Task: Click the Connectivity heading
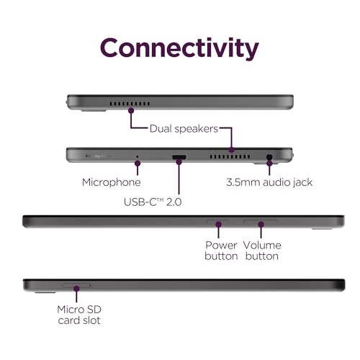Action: coord(179,48)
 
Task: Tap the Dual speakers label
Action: coord(184,129)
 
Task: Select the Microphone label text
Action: coord(112,182)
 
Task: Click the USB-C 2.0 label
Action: coord(153,202)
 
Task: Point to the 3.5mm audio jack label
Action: coord(269,182)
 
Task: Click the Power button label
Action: coord(221,251)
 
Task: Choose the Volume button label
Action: coord(262,251)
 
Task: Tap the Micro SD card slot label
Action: coord(79,315)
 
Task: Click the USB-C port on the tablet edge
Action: coord(179,157)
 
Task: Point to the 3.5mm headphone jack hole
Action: coord(269,157)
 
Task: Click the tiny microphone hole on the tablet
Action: coord(138,156)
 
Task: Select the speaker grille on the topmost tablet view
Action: coord(130,104)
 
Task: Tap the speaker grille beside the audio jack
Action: coord(230,157)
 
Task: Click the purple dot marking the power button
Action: coord(218,225)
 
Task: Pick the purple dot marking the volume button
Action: coord(261,225)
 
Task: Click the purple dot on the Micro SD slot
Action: coord(76,289)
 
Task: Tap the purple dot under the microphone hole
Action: coord(138,163)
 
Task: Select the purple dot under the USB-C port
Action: coord(179,162)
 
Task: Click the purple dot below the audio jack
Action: coord(270,163)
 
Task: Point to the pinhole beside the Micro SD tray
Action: coord(90,285)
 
